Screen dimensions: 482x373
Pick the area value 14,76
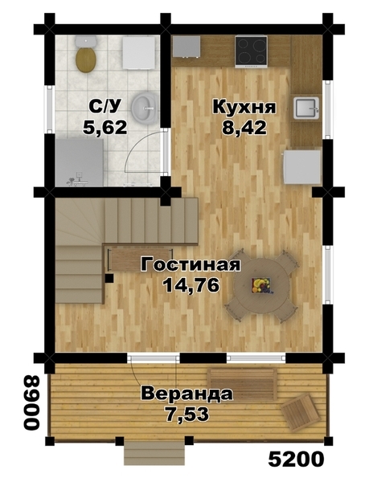pyautogui.click(x=190, y=285)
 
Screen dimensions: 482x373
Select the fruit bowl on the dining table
pyautogui.click(x=260, y=284)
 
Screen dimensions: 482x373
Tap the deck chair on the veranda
pyautogui.click(x=300, y=412)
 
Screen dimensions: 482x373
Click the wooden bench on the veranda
pyautogui.click(x=241, y=380)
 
